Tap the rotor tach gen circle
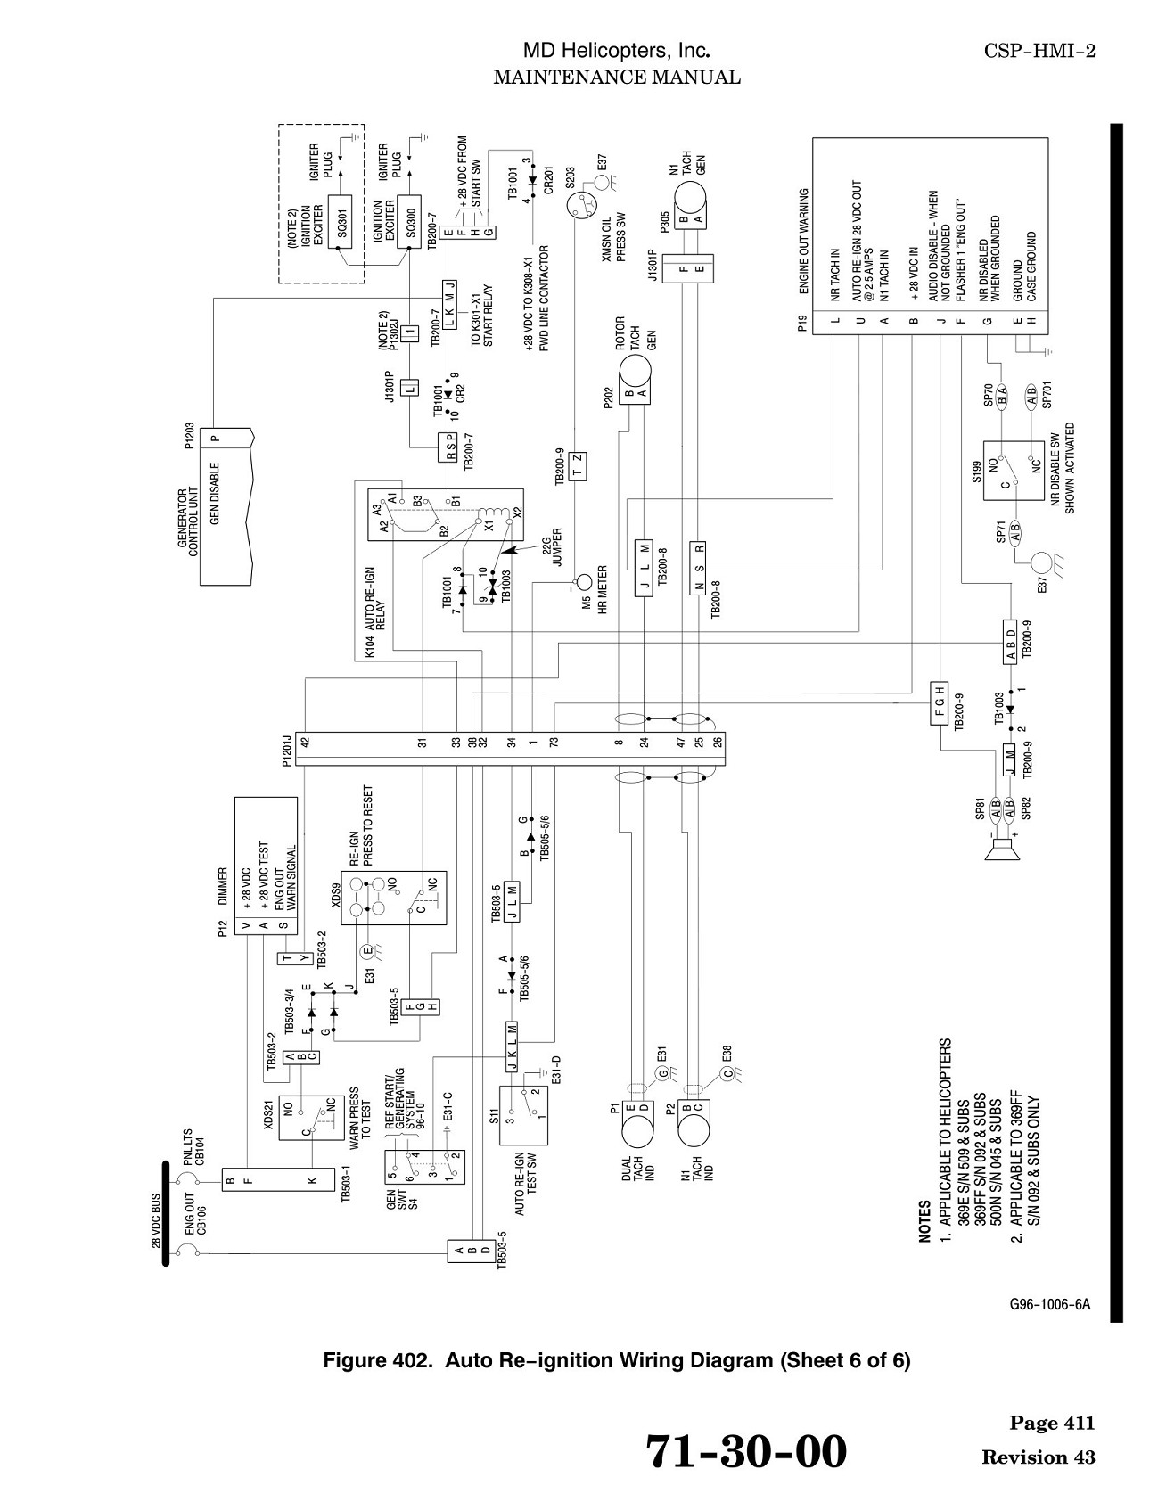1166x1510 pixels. [636, 371]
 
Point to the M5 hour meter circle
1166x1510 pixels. [583, 583]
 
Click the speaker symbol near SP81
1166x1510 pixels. [1002, 851]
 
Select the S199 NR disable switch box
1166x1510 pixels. [1014, 471]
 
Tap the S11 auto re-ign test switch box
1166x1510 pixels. [523, 1115]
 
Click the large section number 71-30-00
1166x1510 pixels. [745, 1451]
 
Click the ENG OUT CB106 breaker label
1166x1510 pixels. [195, 1214]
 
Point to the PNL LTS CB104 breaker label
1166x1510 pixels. [194, 1148]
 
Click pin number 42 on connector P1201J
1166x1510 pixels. [305, 741]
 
